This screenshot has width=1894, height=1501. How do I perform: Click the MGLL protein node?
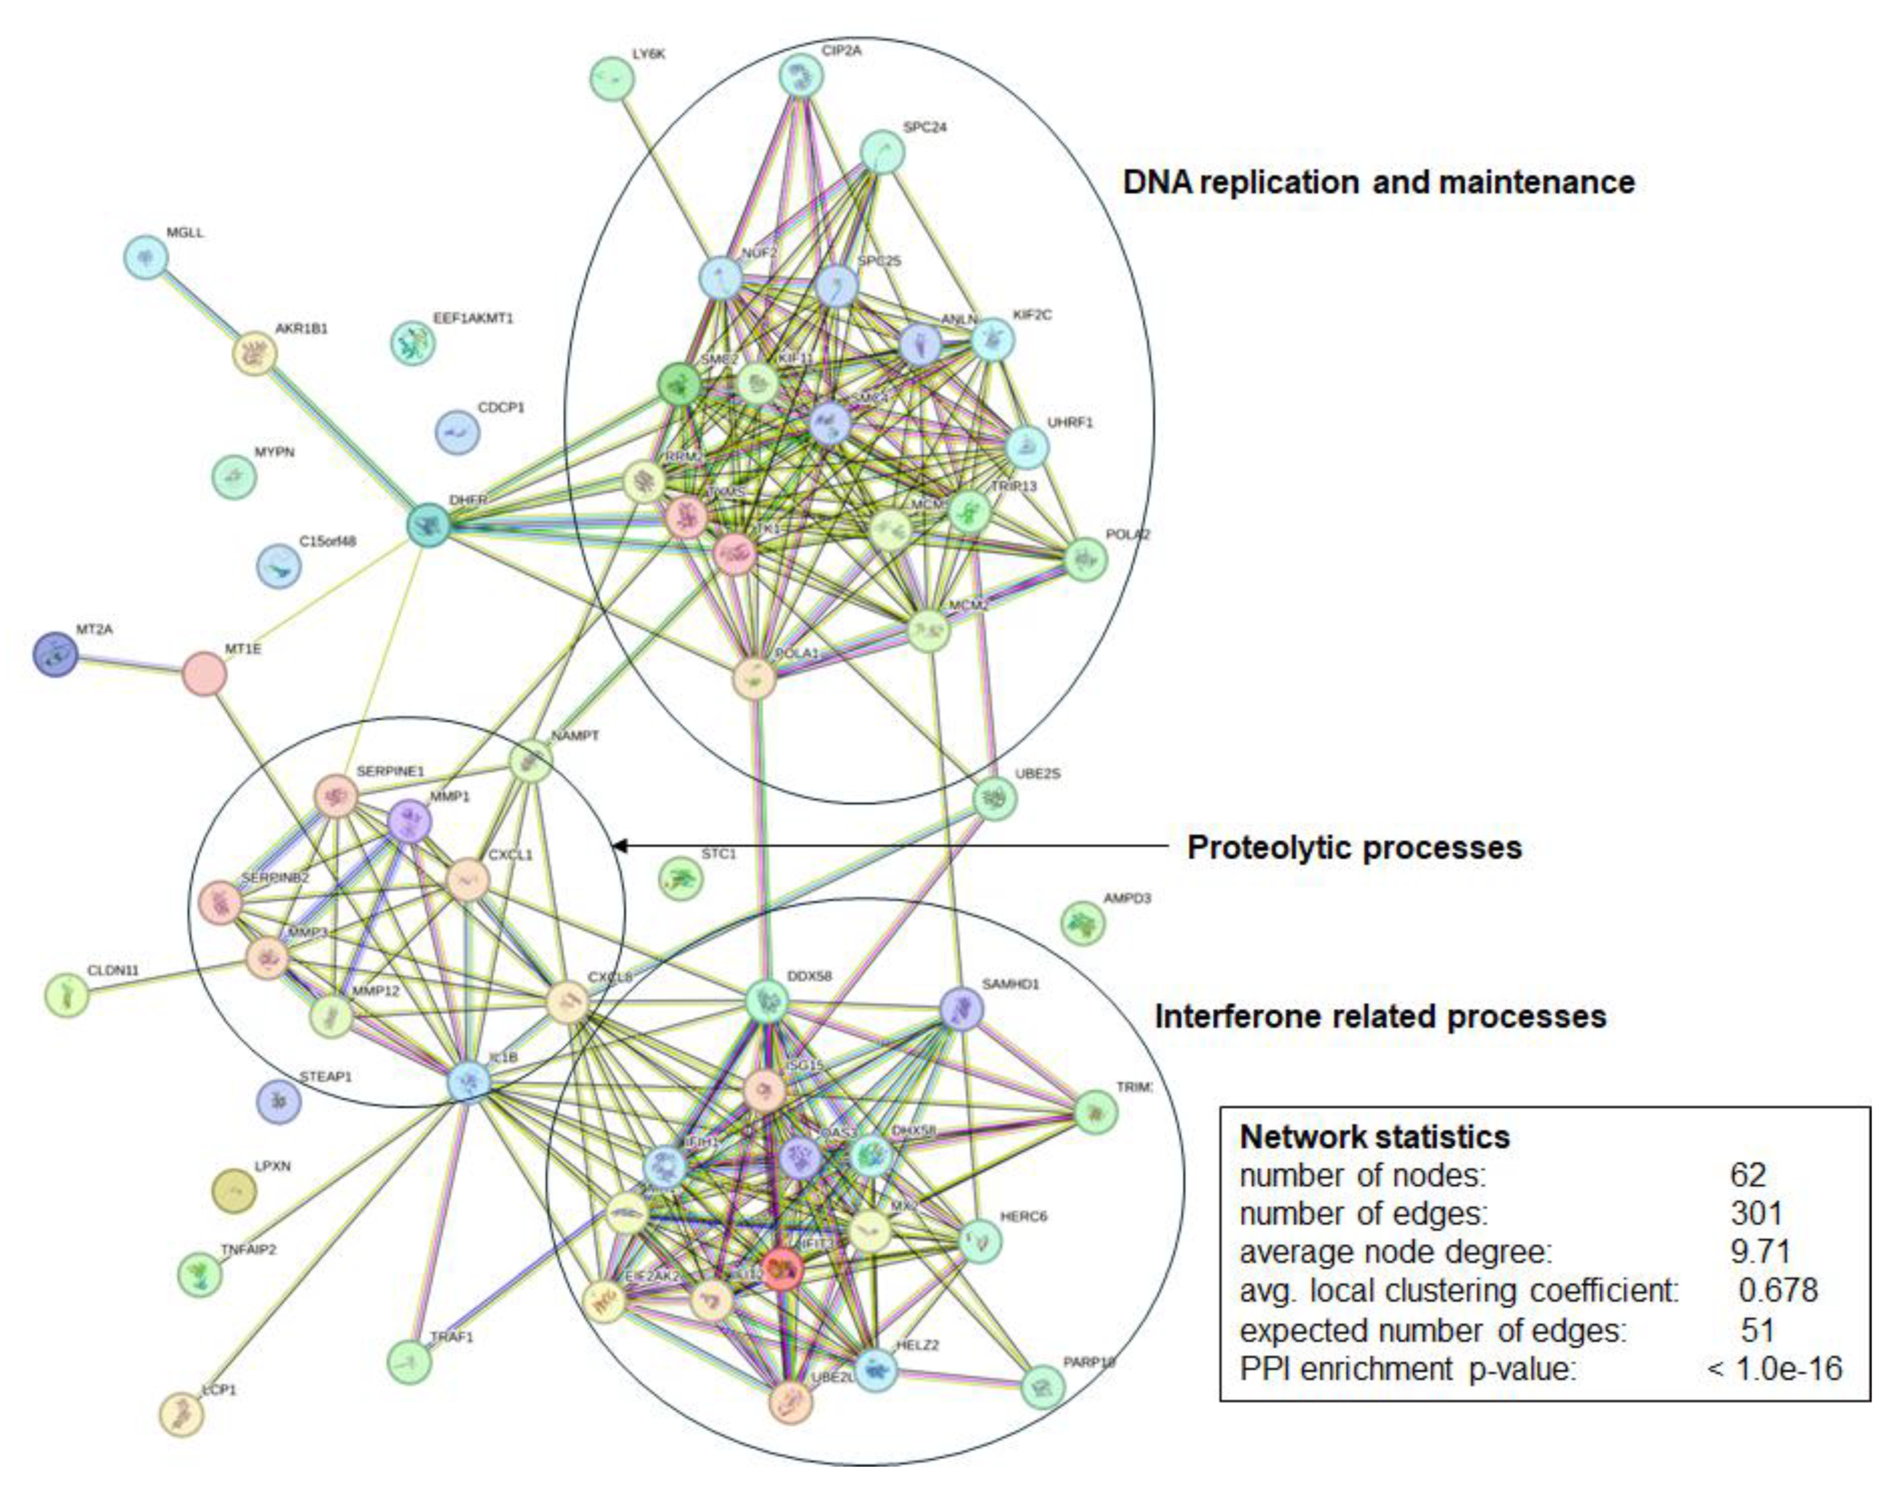pyautogui.click(x=146, y=257)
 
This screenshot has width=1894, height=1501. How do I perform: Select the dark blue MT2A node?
pyautogui.click(x=55, y=654)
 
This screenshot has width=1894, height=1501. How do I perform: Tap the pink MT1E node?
pyautogui.click(x=204, y=674)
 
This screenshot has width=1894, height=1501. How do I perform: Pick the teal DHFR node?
pyautogui.click(x=429, y=525)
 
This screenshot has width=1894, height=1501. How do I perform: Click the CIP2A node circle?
pyautogui.click(x=800, y=76)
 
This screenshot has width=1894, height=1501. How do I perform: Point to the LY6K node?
pyautogui.click(x=612, y=78)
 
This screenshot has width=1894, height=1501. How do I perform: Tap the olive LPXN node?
pyautogui.click(x=234, y=1192)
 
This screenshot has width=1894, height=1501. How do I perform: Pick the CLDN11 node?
pyautogui.click(x=67, y=995)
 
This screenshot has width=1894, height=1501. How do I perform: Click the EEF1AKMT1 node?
pyautogui.click(x=412, y=343)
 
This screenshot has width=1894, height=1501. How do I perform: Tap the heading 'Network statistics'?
pyautogui.click(x=1374, y=1136)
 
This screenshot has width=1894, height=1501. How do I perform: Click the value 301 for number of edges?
pyautogui.click(x=1756, y=1213)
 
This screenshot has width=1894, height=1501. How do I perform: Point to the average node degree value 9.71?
pyautogui.click(x=1759, y=1251)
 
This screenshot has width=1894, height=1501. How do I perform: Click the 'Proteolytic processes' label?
pyautogui.click(x=1354, y=847)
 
